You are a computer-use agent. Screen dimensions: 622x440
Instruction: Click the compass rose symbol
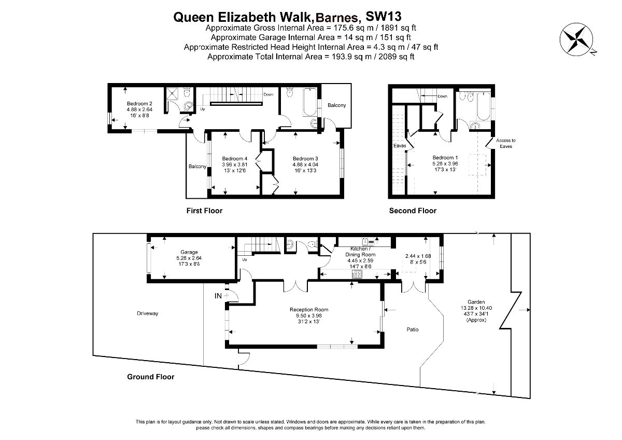point(576,39)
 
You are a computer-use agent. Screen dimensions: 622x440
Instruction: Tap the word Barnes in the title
point(337,18)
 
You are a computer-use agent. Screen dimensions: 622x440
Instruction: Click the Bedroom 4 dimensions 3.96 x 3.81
point(234,164)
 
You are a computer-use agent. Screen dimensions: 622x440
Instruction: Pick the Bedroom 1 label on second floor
point(445,158)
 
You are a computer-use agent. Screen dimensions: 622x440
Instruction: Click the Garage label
point(189,252)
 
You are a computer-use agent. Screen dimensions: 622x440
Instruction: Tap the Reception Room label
point(309,309)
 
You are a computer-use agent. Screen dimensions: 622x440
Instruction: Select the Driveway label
point(147,313)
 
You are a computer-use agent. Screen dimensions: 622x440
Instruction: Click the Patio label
point(413,329)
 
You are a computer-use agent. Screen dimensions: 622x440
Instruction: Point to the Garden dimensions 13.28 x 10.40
point(476,308)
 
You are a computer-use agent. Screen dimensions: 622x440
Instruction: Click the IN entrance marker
point(218,296)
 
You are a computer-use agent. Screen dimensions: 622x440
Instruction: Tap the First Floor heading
point(204,211)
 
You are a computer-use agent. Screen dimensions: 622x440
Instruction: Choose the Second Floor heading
point(413,211)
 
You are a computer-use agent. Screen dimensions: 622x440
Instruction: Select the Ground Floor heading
point(150,377)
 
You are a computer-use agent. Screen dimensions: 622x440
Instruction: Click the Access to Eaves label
point(506,143)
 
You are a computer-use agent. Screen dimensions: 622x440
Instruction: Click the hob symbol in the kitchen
point(357,274)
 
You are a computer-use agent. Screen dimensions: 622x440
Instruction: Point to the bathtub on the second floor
point(484,106)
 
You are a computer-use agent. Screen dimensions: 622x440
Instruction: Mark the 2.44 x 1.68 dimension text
point(418,256)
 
